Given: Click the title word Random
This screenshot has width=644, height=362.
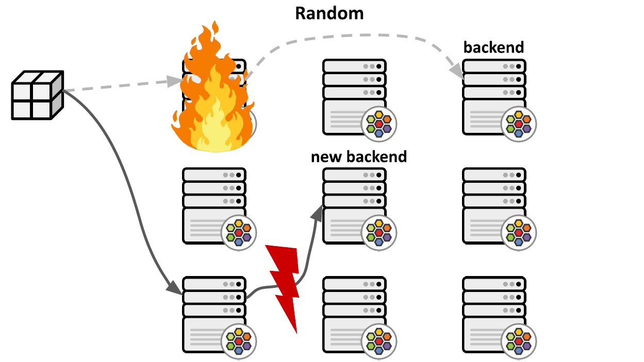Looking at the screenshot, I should [329, 13].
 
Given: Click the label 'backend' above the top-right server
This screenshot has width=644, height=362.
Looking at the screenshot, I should [493, 47].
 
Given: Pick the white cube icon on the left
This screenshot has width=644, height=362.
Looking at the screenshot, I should [37, 95].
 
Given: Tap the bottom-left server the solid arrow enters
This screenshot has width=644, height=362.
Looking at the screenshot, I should [213, 314].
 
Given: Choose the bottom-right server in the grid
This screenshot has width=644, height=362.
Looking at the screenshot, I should [494, 314].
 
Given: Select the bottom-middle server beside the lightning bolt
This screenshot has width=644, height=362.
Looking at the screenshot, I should [354, 314].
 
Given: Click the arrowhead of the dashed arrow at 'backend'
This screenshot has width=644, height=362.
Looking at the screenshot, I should [457, 72].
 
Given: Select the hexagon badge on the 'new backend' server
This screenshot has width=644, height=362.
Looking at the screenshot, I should [379, 230].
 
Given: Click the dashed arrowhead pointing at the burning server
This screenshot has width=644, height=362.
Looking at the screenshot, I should [175, 81].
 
